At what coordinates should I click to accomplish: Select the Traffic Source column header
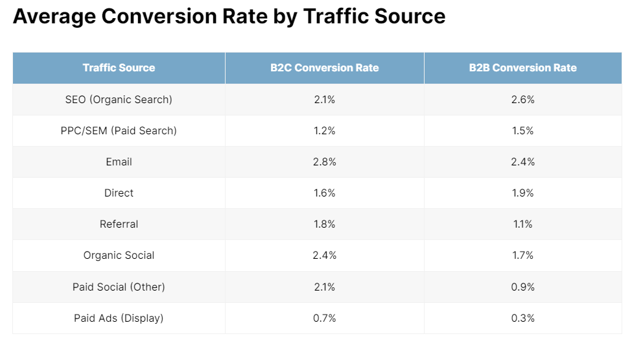pos(119,67)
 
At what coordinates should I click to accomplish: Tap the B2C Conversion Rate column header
pos(324,67)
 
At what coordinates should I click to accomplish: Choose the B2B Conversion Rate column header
pos(522,67)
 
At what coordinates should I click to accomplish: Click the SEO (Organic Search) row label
pos(119,99)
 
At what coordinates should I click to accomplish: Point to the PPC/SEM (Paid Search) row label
pos(119,130)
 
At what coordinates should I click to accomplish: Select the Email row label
pos(119,162)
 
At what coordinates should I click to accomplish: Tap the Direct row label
pos(119,193)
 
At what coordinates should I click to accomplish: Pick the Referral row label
pos(119,224)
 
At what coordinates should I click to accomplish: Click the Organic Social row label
pos(119,255)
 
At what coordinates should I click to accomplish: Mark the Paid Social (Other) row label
pos(119,286)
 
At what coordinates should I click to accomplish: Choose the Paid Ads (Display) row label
pos(119,318)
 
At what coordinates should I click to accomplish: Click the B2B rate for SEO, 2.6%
pos(522,99)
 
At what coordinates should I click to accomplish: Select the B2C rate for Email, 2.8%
pos(324,162)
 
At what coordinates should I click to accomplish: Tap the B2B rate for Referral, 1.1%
pos(522,224)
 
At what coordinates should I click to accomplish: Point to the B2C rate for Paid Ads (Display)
pos(324,318)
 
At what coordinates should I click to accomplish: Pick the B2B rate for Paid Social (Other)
pos(522,286)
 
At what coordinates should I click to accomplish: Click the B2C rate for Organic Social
pos(324,255)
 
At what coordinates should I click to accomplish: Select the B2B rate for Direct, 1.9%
pos(522,193)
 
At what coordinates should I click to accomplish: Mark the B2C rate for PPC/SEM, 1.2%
pos(324,130)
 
